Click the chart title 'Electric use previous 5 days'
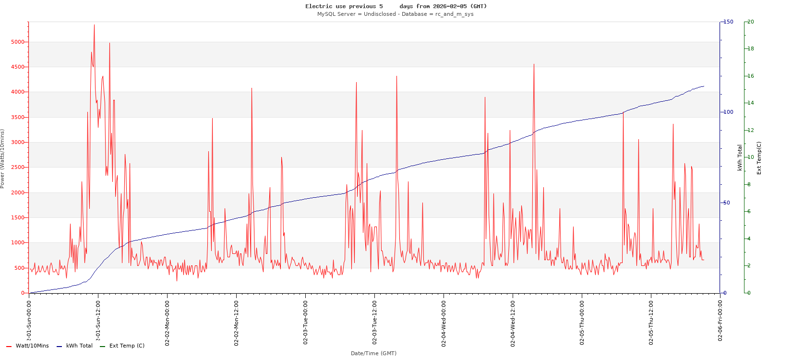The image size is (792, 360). [x=396, y=6]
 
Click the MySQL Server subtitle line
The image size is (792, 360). [x=395, y=14]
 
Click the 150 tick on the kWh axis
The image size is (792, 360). [x=728, y=22]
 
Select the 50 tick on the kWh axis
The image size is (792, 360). [x=727, y=203]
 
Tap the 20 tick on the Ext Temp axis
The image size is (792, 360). [x=751, y=22]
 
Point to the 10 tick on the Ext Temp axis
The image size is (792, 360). [x=751, y=157]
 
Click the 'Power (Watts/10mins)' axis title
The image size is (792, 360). [x=2, y=158]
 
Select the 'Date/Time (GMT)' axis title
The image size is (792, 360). [x=373, y=353]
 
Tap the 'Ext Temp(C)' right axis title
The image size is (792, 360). [x=759, y=158]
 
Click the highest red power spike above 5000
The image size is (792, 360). [x=94, y=25]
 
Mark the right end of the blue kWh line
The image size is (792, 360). [x=704, y=86]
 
